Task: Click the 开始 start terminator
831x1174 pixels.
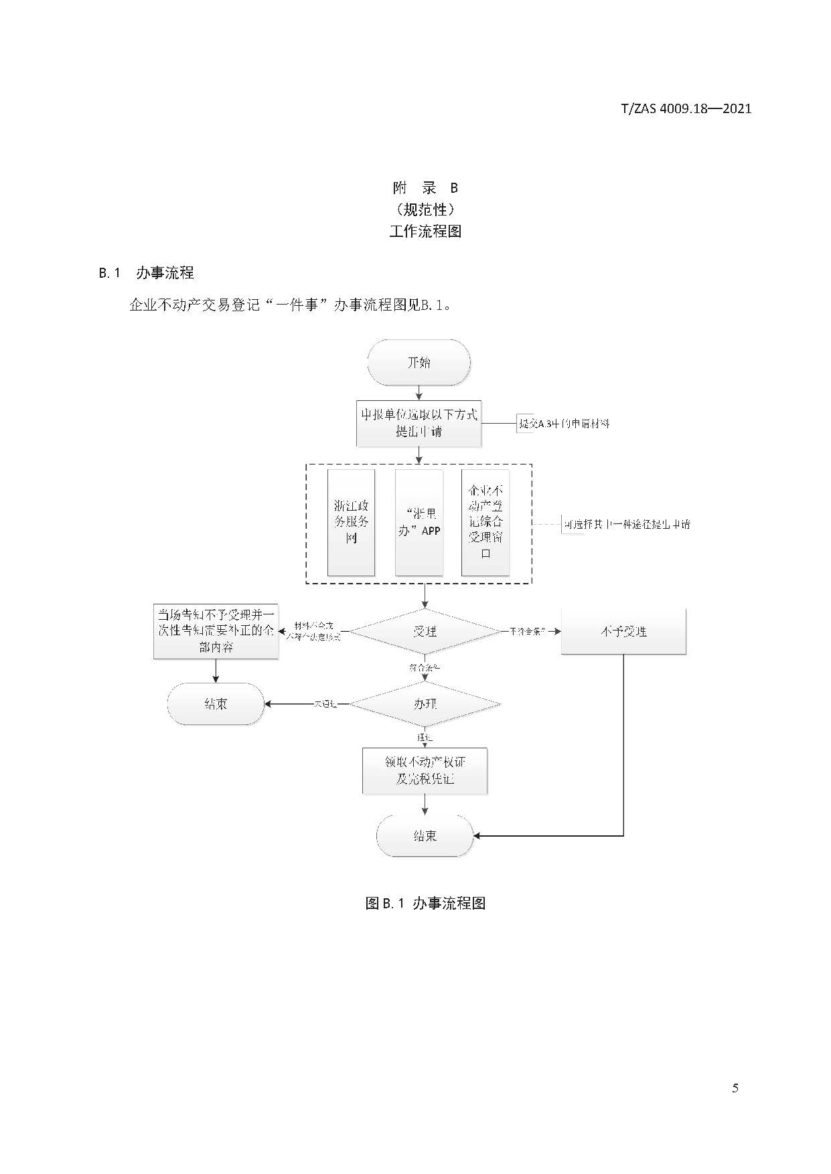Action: [419, 362]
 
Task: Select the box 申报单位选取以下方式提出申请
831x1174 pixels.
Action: [419, 423]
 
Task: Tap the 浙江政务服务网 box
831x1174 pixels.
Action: [351, 522]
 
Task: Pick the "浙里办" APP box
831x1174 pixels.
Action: [419, 522]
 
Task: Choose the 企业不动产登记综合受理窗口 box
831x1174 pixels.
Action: [485, 522]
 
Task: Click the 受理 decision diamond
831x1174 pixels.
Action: [425, 631]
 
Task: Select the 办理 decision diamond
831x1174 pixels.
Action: [425, 704]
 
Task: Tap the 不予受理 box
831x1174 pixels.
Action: [623, 631]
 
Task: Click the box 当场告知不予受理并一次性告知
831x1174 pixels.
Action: [216, 631]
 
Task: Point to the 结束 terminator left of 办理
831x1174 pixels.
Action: [216, 704]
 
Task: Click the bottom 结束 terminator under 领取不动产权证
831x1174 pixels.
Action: [425, 835]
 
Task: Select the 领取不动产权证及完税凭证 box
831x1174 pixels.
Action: [425, 770]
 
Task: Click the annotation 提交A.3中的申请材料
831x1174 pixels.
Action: [564, 424]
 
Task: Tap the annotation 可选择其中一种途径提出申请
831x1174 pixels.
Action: [626, 524]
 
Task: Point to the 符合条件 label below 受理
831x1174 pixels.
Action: [425, 667]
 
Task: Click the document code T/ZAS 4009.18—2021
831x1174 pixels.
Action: [686, 108]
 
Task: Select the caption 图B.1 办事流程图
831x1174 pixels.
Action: [425, 903]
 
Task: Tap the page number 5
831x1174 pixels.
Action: [735, 1088]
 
